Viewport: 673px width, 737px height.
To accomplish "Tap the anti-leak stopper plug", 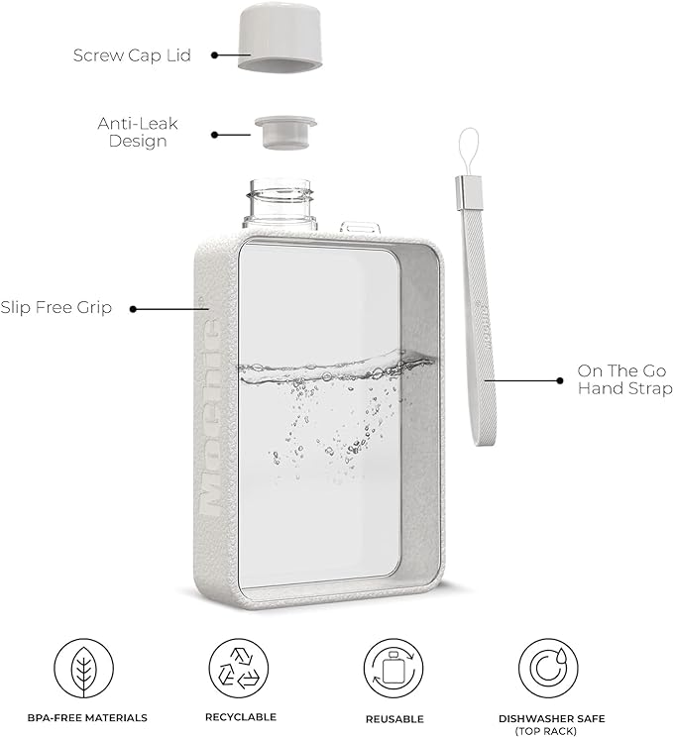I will [284, 131].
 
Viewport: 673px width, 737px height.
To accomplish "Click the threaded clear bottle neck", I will [279, 204].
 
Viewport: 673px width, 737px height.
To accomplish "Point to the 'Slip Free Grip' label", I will [56, 308].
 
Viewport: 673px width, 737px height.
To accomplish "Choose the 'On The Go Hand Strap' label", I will [624, 379].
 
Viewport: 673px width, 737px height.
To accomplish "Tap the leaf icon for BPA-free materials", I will [82, 667].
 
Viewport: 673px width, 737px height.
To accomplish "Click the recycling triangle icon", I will [240, 667].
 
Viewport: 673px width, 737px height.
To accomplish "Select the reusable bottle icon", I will [393, 667].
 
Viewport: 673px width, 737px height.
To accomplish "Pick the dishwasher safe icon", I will [548, 667].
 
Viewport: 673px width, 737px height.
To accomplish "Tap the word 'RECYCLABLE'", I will [240, 716].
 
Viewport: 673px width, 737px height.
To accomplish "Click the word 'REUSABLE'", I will [393, 718].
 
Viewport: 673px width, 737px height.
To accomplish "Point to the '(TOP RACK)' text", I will [548, 730].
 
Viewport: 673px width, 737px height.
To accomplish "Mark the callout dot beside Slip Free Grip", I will [134, 308].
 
